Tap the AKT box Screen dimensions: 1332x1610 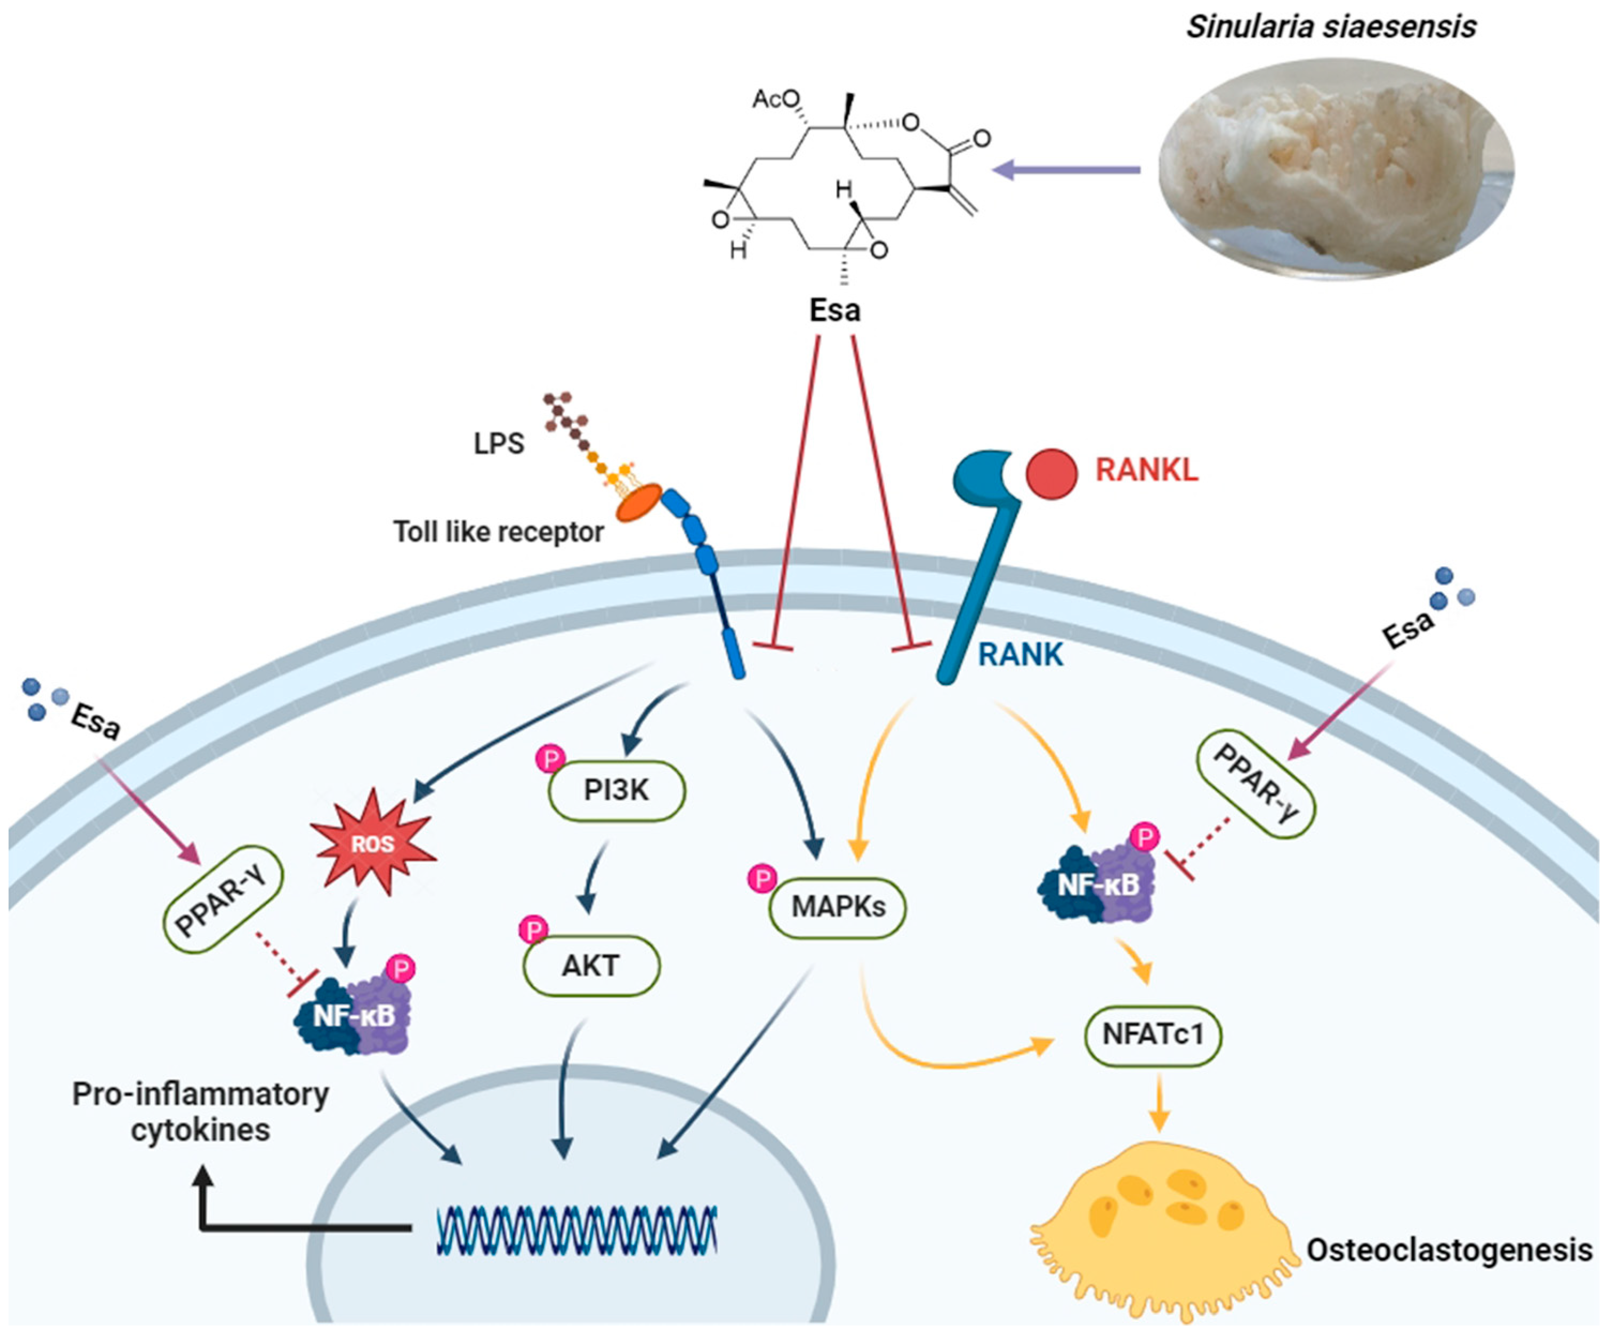pos(591,965)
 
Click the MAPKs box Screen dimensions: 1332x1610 pos(838,907)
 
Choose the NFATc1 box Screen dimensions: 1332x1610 pos(1153,1035)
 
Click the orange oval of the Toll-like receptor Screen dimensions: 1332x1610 pos(639,503)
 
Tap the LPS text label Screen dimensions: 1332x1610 pos(498,443)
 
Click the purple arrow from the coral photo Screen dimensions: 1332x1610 pos(1066,169)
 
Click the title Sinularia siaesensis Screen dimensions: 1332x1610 pos(1331,27)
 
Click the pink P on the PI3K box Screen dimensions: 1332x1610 pos(550,760)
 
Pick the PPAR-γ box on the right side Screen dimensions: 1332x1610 pos(1256,783)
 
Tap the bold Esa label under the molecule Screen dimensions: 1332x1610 pos(835,310)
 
